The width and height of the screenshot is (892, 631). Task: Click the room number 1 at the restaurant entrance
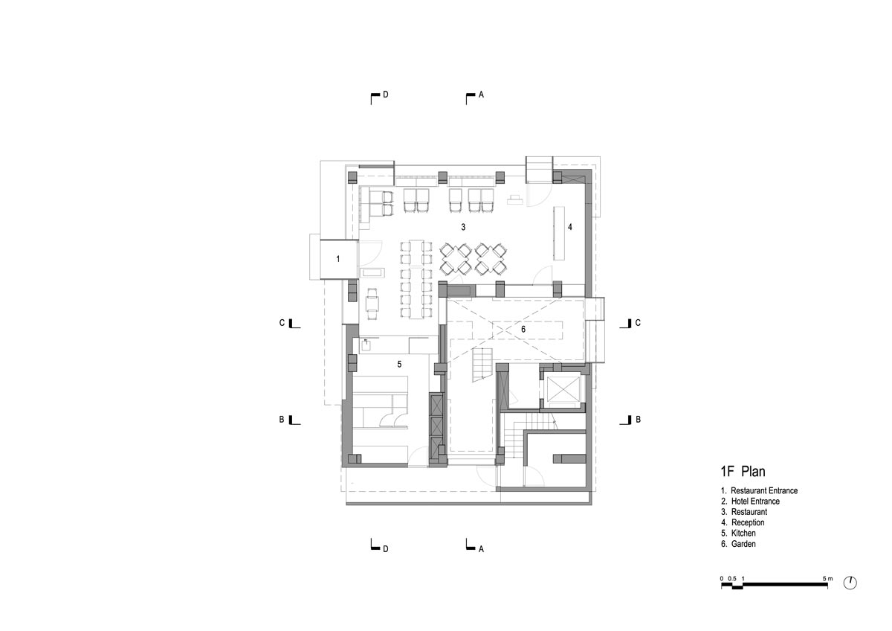338,259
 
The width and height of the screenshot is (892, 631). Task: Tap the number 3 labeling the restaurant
463,227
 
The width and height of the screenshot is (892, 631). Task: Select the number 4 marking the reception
570,227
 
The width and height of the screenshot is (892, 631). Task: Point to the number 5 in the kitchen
399,364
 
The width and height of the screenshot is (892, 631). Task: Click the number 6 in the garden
523,329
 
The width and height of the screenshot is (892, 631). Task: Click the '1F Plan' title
743,472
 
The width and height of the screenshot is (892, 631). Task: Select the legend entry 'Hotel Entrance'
755,502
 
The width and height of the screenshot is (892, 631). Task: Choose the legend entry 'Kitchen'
743,534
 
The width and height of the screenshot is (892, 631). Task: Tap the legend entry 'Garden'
743,544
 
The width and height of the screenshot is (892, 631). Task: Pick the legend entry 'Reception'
748,522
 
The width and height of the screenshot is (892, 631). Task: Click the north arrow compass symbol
850,583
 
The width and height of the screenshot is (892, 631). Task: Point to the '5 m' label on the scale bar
827,578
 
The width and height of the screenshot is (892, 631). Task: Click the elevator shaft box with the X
563,388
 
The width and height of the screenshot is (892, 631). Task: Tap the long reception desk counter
559,233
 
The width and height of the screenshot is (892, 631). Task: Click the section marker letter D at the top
386,95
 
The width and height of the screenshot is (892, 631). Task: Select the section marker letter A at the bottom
481,549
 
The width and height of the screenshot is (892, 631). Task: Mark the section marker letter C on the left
282,323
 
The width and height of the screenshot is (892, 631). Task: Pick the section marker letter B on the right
638,420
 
